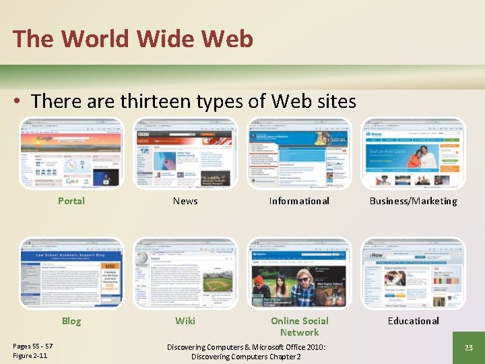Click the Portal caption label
71,201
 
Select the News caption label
185,201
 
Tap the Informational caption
299,201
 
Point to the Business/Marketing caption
413,201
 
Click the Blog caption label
71,321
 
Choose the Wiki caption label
185,321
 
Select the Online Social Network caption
299,326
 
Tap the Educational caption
413,321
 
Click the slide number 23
468,347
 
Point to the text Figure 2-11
30,356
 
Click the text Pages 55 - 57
33,346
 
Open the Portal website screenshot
71,154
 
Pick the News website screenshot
185,154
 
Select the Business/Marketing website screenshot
413,154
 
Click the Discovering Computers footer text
246,351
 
